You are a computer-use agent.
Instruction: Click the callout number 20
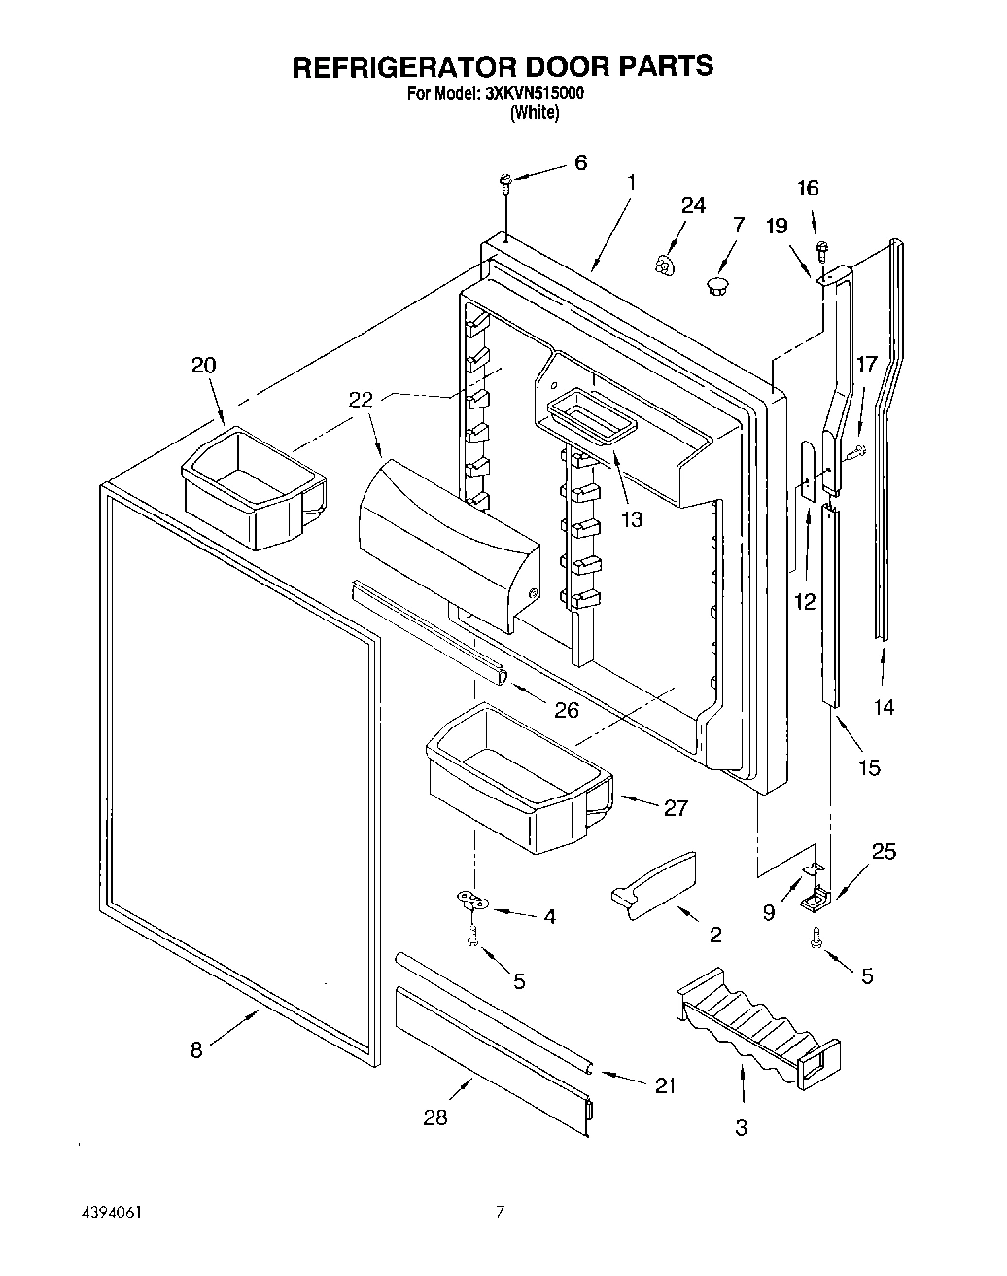pyautogui.click(x=203, y=365)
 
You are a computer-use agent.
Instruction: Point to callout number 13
pyautogui.click(x=631, y=519)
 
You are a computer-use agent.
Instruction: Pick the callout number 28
pyautogui.click(x=435, y=1117)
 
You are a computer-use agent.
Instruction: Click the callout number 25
pyautogui.click(x=884, y=852)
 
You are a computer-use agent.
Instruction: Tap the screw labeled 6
pyautogui.click(x=505, y=181)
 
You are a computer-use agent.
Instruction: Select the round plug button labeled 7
pyautogui.click(x=717, y=285)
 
